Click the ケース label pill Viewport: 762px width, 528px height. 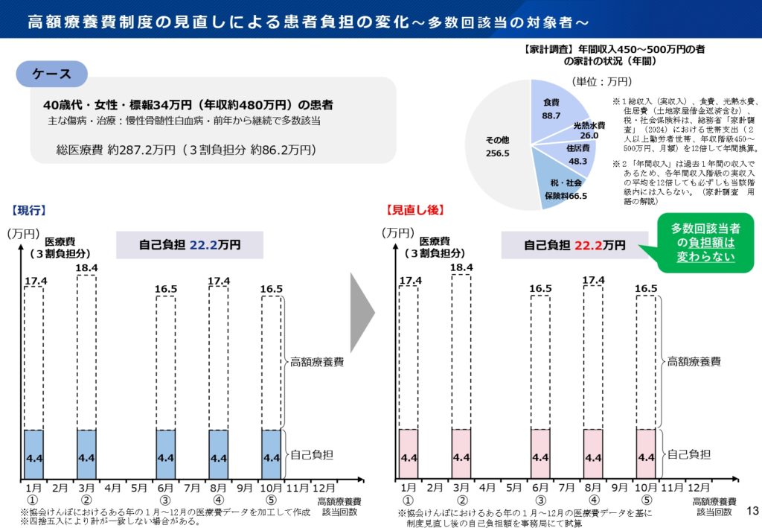52,74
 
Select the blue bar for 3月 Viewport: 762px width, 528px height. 86,454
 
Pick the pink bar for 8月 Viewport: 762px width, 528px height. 592,454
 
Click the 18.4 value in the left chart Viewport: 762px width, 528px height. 86,267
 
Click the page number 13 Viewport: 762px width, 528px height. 752,509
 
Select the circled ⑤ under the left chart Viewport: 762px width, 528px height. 271,500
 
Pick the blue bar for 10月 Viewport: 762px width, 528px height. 271,454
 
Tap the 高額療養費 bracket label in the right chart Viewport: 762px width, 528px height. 693,362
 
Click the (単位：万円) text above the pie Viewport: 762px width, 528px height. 601,81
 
